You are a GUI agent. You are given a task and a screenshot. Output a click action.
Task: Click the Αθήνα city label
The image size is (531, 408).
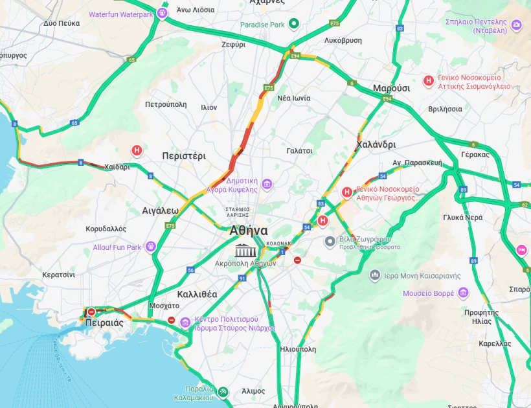click(248, 231)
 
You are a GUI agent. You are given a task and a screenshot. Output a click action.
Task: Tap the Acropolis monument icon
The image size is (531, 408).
click(245, 251)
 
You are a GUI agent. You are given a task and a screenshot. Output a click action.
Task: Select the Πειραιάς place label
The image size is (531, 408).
click(104, 323)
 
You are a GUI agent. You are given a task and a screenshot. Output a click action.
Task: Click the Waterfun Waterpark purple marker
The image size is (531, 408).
click(162, 13)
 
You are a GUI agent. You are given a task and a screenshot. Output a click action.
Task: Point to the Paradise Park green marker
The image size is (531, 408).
click(293, 25)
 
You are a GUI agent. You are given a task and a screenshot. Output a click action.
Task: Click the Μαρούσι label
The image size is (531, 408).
click(391, 88)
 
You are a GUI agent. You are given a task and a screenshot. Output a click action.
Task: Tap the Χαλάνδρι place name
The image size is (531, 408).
click(376, 144)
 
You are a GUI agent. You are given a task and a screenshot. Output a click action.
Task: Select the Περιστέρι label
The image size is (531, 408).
click(183, 156)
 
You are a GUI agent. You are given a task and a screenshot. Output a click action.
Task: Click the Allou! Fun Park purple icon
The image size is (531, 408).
click(151, 247)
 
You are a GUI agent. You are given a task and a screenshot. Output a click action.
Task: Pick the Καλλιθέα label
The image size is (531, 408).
click(198, 294)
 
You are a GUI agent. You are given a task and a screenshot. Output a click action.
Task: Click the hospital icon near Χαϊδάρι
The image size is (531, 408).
click(137, 151)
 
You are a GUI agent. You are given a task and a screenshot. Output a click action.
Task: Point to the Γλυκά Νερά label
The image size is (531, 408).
click(462, 218)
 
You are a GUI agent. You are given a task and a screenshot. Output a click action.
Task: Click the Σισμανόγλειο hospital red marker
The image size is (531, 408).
click(428, 81)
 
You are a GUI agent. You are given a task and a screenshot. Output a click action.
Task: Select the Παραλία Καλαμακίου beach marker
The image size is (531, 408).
click(223, 392)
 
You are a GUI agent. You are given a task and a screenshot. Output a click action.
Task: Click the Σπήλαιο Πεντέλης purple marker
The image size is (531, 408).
click(517, 25)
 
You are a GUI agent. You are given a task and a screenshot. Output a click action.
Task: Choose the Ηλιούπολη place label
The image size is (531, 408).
click(298, 349)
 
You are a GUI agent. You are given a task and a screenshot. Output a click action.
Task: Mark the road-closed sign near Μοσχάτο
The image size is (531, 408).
click(172, 320)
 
